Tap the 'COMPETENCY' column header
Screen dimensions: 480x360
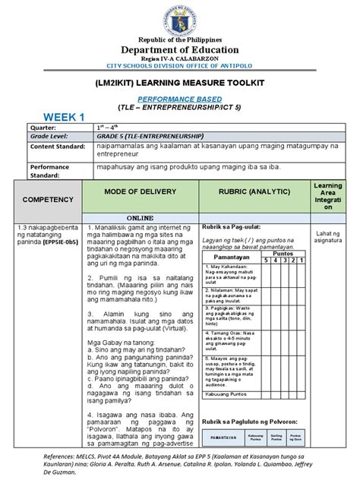[47, 199]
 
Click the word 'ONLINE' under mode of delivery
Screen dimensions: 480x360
[140, 216]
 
